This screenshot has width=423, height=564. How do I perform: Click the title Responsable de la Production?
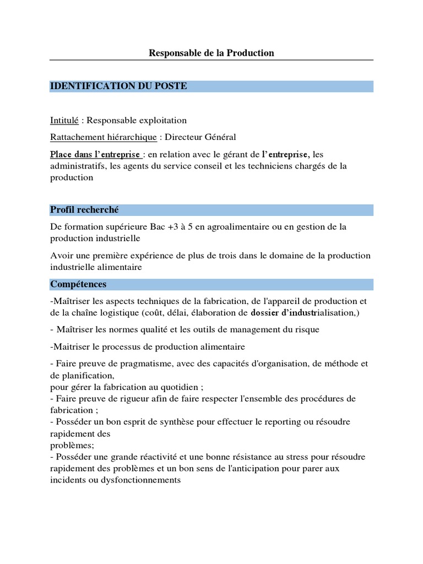click(x=211, y=53)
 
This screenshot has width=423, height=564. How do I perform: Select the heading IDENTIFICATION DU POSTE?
click(x=118, y=86)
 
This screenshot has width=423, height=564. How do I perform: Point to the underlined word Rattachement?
click(x=76, y=137)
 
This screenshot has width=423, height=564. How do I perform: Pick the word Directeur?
click(x=186, y=137)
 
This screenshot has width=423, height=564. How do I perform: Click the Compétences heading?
click(x=78, y=284)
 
